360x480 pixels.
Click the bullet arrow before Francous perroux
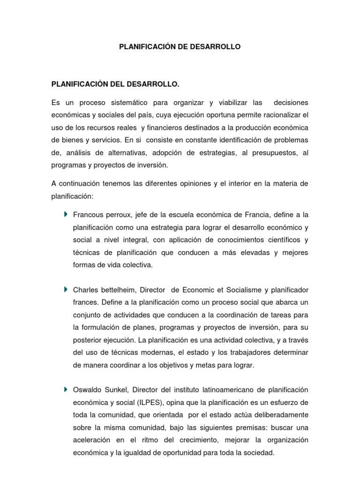[66, 214]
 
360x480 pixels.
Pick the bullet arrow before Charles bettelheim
[66, 289]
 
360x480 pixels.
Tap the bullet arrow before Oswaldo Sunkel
[66, 390]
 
